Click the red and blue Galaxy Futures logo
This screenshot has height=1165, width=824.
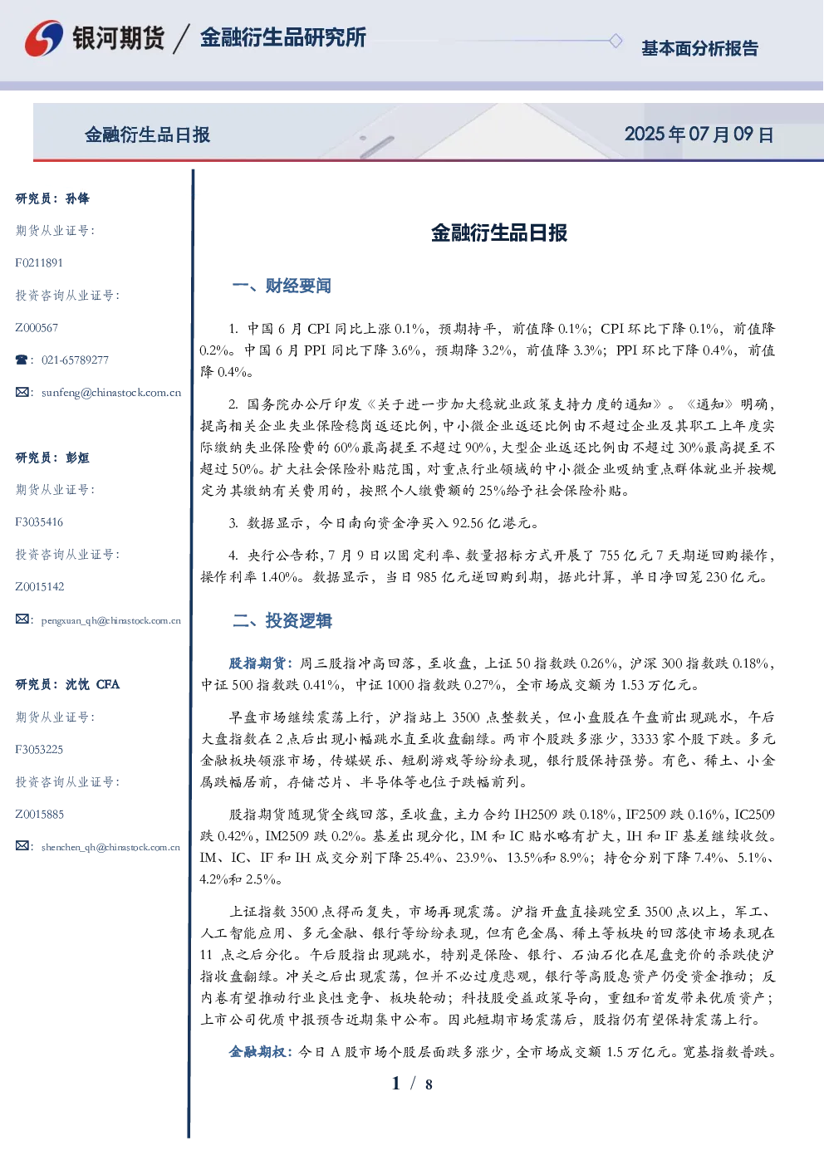tap(44, 38)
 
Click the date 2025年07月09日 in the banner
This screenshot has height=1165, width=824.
tap(699, 135)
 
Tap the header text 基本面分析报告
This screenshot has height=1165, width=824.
tap(699, 48)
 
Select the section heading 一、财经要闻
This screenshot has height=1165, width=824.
tap(282, 286)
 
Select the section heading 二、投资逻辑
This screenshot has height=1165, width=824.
tap(282, 620)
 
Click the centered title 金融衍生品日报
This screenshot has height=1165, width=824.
tap(499, 233)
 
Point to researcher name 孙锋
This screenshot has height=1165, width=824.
tap(77, 198)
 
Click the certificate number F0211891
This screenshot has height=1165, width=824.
tap(39, 262)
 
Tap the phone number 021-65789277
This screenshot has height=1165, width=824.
tap(75, 360)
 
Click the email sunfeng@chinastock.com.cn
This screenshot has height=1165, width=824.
tap(111, 393)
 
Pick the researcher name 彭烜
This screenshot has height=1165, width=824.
tap(77, 458)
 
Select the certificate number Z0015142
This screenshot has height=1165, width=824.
tap(40, 587)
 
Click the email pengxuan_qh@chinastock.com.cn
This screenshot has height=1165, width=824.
tap(111, 620)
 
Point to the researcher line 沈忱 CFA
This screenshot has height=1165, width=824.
tap(92, 684)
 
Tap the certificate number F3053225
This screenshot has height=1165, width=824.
tap(39, 750)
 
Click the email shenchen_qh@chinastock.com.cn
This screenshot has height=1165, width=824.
tap(110, 847)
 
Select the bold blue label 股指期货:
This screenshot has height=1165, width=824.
tap(262, 663)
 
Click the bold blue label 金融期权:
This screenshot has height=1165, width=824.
tap(262, 1052)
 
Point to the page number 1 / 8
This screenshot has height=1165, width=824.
tap(412, 1084)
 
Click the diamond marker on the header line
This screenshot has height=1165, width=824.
tap(616, 41)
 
